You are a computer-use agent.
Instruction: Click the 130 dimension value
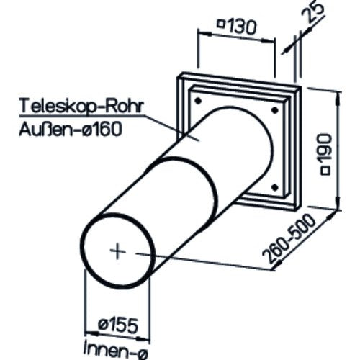241,27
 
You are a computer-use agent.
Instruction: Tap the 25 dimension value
314,12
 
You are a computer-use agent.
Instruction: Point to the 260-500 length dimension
289,239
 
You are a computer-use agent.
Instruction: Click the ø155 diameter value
118,325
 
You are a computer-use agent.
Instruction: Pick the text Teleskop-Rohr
82,106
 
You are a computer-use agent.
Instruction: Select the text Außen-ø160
70,129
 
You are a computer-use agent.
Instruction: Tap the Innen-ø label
116,351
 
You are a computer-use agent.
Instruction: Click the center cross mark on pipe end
117,251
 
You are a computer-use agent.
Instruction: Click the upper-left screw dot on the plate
198,101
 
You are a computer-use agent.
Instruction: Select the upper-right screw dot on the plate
274,110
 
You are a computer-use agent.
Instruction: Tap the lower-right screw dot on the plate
275,187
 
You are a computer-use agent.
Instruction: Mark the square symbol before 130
220,24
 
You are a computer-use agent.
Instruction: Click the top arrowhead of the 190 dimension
338,98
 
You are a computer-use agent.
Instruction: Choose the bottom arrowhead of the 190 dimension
338,204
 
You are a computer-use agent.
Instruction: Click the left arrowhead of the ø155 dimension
91,333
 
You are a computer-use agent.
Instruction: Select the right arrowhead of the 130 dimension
267,41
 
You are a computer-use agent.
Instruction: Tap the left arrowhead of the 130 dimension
204,34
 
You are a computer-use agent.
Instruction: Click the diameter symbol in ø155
102,324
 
